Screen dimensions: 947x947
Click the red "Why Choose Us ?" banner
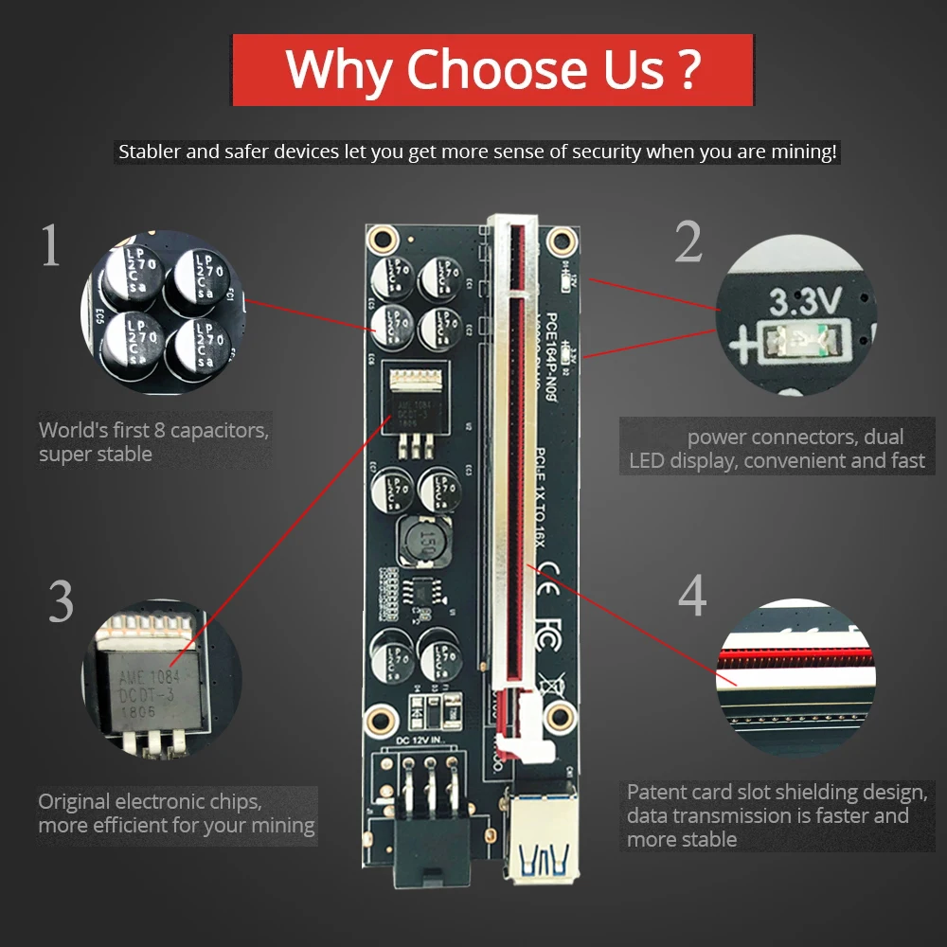point(492,69)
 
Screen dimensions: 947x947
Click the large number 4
point(692,597)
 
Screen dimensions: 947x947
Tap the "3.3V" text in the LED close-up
point(805,303)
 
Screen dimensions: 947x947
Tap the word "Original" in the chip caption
point(74,801)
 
